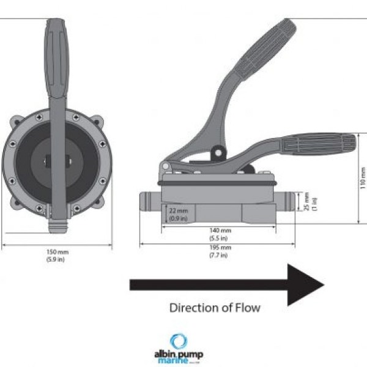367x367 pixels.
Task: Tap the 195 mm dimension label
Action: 217,247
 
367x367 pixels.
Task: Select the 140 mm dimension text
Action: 217,231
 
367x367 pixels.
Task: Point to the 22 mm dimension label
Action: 179,210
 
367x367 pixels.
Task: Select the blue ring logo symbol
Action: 179,341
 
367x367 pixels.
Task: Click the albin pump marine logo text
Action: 178,357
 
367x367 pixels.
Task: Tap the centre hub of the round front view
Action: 56,162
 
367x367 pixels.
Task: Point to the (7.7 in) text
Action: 217,254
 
